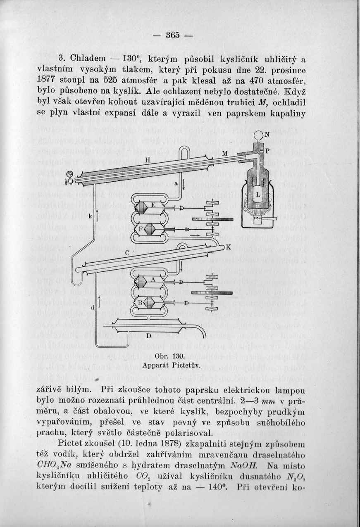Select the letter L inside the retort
(x=258, y=194)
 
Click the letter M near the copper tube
(x=225, y=154)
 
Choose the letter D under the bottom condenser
(x=149, y=335)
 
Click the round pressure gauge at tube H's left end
(x=70, y=175)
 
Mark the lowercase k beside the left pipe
(x=90, y=215)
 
